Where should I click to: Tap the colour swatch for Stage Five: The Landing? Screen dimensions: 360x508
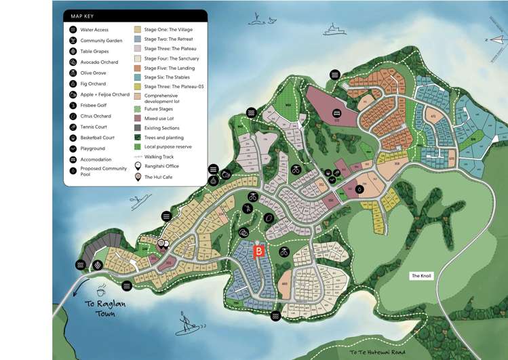(137, 68)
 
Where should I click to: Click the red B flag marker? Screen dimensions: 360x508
(258, 251)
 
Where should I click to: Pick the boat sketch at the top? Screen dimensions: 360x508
(332, 29)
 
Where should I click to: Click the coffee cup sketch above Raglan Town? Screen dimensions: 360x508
(100, 287)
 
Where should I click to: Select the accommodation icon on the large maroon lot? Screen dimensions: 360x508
(336, 113)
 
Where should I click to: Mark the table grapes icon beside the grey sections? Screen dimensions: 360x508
(98, 265)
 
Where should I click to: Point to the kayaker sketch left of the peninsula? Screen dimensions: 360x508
(140, 201)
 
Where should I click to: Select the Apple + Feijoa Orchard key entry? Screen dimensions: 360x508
(103, 94)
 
